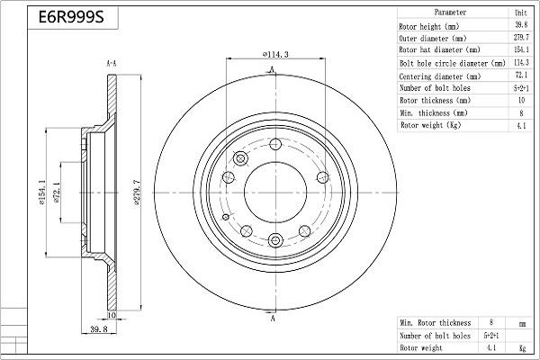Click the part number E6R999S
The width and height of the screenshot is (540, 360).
pos(66,18)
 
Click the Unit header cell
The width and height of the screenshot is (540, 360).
pos(520,13)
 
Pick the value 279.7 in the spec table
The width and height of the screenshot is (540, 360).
pos(520,39)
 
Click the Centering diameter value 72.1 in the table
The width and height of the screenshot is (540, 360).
pos(520,76)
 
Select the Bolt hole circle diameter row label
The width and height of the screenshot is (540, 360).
pos(452,64)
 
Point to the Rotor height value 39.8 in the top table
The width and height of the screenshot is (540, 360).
pos(520,26)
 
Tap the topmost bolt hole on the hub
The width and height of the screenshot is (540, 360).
pos(274,145)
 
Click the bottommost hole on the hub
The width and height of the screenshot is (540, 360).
pos(274,239)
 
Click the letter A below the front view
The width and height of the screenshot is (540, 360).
pos(273,318)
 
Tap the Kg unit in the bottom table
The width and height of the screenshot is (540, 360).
pos(521,346)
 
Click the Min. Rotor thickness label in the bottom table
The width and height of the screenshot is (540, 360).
pos(435,321)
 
